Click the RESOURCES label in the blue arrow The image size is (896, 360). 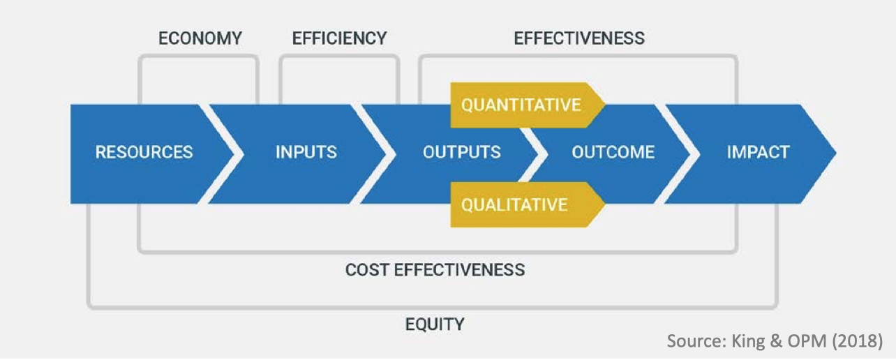pos(144,152)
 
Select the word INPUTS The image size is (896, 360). pos(306,152)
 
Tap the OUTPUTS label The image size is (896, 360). pos(461,152)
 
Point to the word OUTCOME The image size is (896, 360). pos(613,152)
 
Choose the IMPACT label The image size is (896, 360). pos(758,152)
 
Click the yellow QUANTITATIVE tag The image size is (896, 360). pos(521,105)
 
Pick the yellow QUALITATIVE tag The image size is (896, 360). pos(514,204)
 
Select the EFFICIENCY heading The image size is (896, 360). pos(339,38)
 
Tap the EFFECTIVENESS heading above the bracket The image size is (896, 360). pos(579,38)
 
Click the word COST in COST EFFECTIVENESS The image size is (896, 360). pos(367,269)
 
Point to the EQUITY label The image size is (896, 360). pos(435,324)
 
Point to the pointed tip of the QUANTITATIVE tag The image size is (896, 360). pos(604,105)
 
